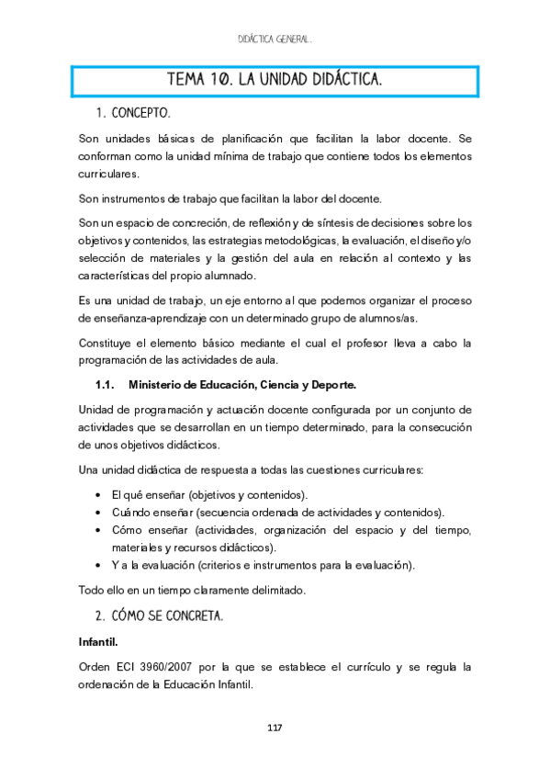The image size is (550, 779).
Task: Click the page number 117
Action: click(275, 728)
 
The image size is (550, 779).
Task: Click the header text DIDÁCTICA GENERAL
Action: click(275, 40)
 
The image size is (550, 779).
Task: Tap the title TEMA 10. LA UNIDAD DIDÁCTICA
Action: click(275, 81)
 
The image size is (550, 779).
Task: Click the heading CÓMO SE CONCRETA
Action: click(166, 614)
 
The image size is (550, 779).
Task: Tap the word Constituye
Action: click(107, 343)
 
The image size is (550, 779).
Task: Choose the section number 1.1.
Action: click(104, 383)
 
